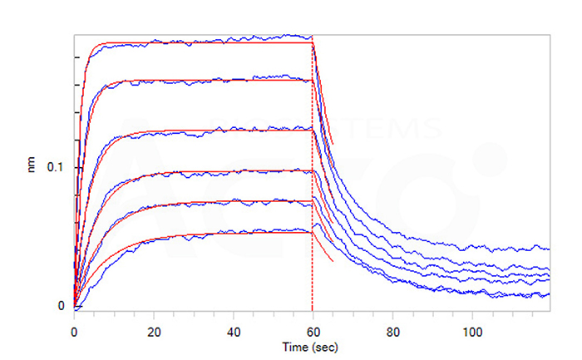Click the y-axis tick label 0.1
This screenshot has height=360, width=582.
point(56,167)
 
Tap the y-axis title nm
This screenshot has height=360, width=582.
point(32,167)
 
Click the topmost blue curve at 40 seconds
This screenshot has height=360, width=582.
point(233,39)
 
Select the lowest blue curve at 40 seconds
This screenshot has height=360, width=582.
point(233,232)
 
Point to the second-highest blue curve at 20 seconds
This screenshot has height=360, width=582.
point(154,81)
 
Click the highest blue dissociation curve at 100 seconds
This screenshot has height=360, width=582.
point(471,247)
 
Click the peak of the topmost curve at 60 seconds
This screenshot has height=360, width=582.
point(311,37)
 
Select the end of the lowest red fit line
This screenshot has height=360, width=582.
point(333,261)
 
